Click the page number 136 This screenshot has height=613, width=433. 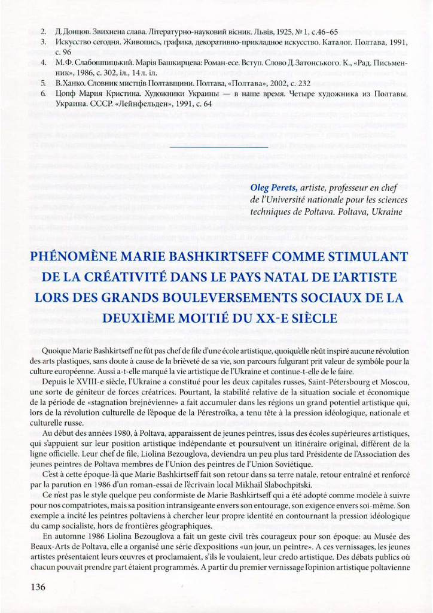38,587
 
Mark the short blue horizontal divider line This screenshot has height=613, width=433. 219,146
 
